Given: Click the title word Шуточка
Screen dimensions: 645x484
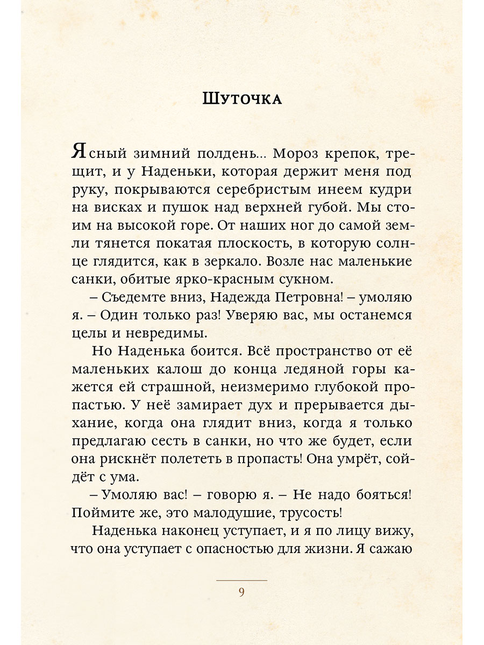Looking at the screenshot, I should click(x=242, y=99).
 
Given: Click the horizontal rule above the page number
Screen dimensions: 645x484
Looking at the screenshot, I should click(x=241, y=580).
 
